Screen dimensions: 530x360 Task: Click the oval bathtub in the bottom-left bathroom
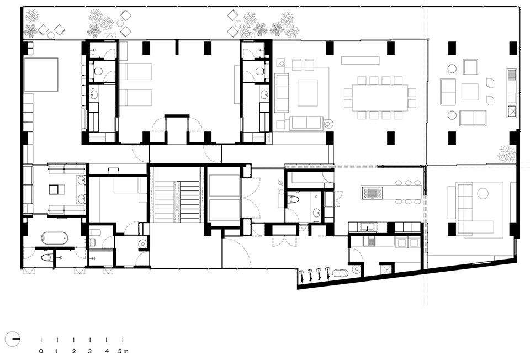[54, 238]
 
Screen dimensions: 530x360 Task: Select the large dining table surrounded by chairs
[380, 97]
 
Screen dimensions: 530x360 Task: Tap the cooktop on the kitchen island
[372, 193]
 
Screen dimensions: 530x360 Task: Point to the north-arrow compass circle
[12, 338]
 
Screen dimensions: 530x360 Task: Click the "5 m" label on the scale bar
[123, 351]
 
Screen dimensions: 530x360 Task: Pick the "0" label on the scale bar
[41, 351]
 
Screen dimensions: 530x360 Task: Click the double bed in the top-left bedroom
[40, 75]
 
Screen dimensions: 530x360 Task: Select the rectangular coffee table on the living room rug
[308, 93]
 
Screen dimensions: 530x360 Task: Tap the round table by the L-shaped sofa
[483, 194]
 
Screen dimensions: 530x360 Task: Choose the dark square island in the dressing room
[54, 189]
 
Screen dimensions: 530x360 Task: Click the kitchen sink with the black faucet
[367, 227]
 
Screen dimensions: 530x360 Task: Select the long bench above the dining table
[361, 60]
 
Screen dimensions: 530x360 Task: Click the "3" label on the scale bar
[89, 351]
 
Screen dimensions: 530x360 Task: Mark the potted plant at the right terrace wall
[506, 153]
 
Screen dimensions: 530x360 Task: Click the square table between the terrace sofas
[470, 92]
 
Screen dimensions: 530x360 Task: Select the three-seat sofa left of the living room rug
[281, 93]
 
